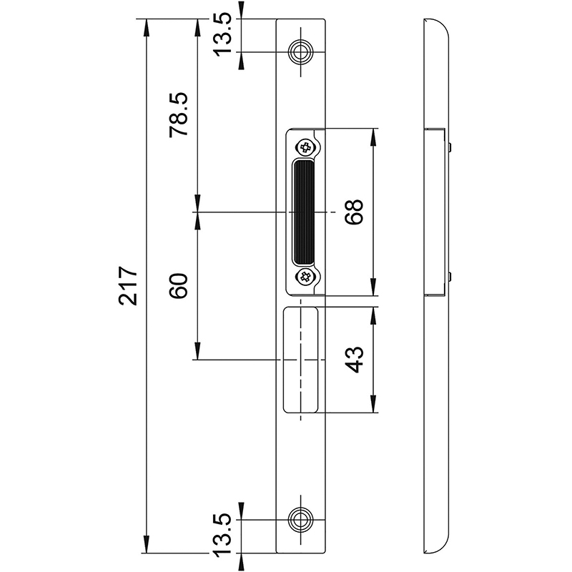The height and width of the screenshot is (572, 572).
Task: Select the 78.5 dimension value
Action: coord(179,114)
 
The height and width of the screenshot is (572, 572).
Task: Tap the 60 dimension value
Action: coord(179,286)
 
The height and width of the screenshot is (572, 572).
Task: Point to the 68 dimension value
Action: coord(354,212)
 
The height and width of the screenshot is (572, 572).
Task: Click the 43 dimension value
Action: coord(354,360)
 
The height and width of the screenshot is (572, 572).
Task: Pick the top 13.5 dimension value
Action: coord(222,34)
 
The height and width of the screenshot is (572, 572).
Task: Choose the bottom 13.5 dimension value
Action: coord(222,536)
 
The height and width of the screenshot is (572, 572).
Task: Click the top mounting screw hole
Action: coord(300,51)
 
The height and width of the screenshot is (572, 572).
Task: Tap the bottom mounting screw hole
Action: coord(300,519)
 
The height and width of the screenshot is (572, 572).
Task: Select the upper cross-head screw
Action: coord(305,148)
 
